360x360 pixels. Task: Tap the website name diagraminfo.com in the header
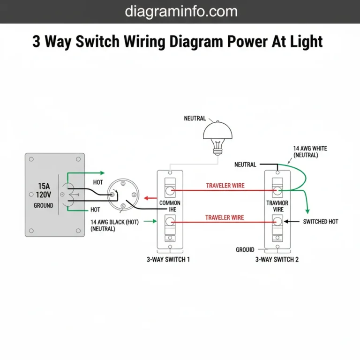coord(181,11)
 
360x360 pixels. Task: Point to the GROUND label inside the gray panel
coord(43,205)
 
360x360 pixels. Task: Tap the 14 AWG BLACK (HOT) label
coord(114,222)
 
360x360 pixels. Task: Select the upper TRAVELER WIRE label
coord(225,186)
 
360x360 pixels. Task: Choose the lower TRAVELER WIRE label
coord(225,217)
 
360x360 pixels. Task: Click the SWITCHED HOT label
coord(321,221)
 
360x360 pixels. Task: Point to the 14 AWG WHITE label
coord(310,148)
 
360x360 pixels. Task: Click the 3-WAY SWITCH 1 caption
coord(168,259)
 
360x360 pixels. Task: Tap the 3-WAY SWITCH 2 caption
coord(277,259)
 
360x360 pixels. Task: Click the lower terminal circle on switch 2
coord(277,221)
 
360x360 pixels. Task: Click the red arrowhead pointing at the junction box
coord(146,198)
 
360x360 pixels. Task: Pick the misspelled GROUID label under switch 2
coord(245,250)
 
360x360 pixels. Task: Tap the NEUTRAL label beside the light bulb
coord(195,119)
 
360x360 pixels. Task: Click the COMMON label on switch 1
coord(170,203)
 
